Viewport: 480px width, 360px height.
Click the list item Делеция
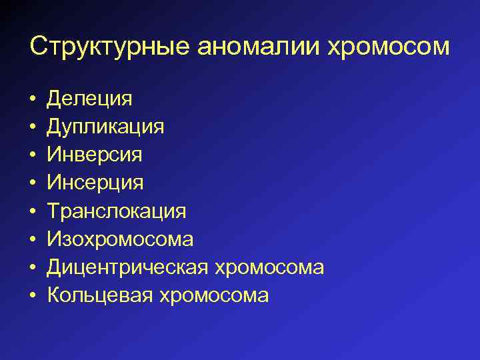coord(89,99)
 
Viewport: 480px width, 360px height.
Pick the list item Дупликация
coord(105,127)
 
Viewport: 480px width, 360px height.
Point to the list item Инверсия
coord(94,155)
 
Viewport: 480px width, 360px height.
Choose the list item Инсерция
coord(95,183)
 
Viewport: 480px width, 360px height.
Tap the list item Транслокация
coord(116,211)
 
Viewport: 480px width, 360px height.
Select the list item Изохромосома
coord(120,239)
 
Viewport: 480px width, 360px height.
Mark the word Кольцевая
coord(100,295)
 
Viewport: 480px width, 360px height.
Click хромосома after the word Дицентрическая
coord(269,268)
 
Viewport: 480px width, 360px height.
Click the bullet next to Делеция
coord(33,99)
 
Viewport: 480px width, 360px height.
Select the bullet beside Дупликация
coord(33,127)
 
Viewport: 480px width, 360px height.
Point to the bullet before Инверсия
coord(33,155)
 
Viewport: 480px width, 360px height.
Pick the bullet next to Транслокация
coord(33,212)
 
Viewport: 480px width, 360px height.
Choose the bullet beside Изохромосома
coord(33,240)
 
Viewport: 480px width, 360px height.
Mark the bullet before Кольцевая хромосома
coord(33,296)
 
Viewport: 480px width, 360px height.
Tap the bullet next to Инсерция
coord(33,183)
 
